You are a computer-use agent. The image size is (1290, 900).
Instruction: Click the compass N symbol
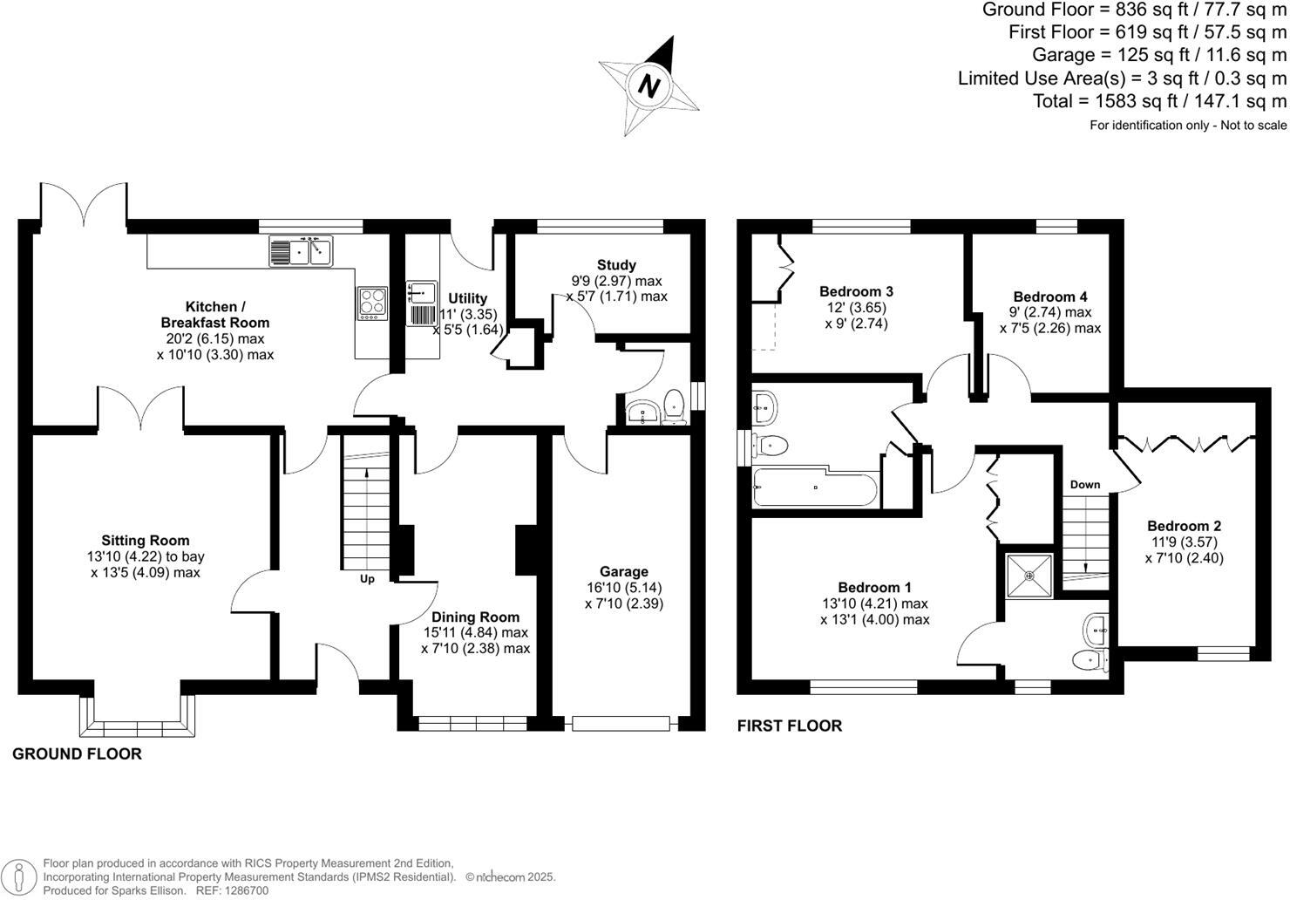[x=648, y=85]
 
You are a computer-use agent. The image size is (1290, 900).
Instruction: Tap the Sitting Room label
[x=145, y=541]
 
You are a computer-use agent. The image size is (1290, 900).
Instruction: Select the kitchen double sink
[x=302, y=251]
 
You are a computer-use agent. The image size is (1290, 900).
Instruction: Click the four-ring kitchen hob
[x=372, y=303]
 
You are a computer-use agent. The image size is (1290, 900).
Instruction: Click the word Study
[x=616, y=265]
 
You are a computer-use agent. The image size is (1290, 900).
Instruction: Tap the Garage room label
[x=623, y=572]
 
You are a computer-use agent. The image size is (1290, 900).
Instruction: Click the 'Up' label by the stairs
[x=367, y=579]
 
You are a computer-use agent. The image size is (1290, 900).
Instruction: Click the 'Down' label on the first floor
[x=1084, y=485]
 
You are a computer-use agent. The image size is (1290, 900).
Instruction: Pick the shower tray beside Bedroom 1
[x=1029, y=576]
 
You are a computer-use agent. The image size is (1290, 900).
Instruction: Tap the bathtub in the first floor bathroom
[x=814, y=488]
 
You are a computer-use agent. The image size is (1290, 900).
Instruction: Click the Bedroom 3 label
[x=856, y=291]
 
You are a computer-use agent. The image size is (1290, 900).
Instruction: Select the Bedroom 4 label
[x=1049, y=297]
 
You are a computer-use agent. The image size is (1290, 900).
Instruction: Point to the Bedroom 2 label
[x=1184, y=526]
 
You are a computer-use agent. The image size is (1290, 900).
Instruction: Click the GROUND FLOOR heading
[x=77, y=754]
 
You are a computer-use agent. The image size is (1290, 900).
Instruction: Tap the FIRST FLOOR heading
[x=790, y=726]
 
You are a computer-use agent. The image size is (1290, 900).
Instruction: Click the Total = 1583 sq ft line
[x=1158, y=101]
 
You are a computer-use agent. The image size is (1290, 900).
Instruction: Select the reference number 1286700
[x=245, y=890]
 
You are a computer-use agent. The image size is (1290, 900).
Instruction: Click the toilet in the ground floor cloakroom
[x=673, y=406]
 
